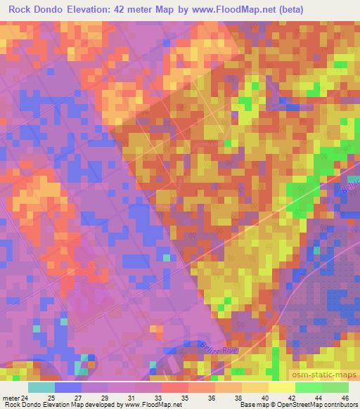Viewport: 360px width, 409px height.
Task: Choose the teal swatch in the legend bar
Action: pyautogui.click(x=41, y=387)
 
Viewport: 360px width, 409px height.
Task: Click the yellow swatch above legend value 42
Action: pyautogui.click(x=281, y=387)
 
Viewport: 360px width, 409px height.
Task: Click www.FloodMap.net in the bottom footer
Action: pyautogui.click(x=151, y=405)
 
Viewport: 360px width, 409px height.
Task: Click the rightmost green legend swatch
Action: pyautogui.click(x=335, y=387)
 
